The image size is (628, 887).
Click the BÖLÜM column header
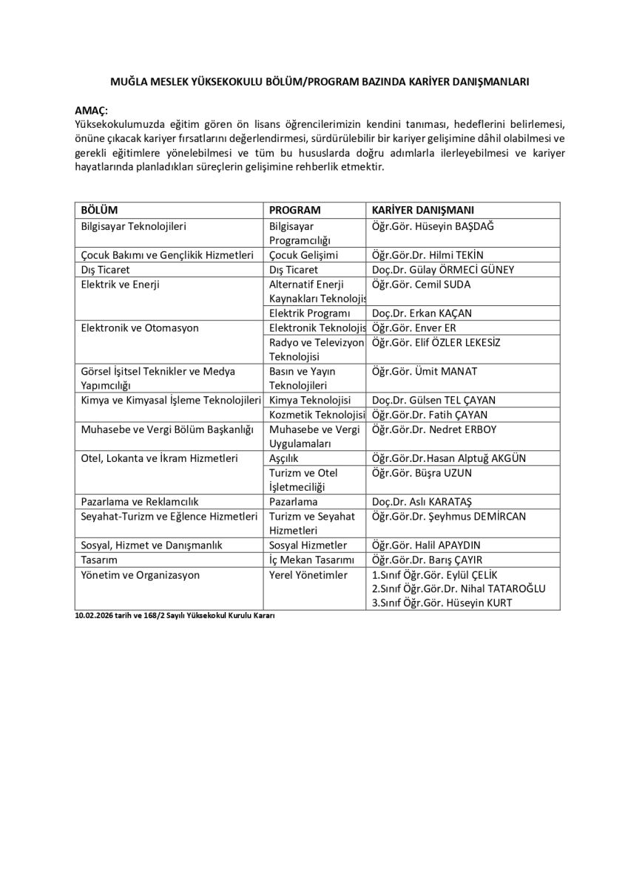pyautogui.click(x=99, y=210)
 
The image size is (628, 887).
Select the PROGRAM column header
pyautogui.click(x=295, y=210)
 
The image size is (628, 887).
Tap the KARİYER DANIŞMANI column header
pyautogui.click(x=423, y=210)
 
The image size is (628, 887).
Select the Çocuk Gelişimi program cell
pyautogui.click(x=304, y=255)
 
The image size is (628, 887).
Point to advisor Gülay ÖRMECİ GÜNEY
pyautogui.click(x=465, y=270)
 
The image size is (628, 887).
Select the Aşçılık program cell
pyautogui.click(x=284, y=458)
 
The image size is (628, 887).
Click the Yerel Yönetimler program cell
pyautogui.click(x=308, y=574)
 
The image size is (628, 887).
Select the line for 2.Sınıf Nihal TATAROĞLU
pyautogui.click(x=458, y=588)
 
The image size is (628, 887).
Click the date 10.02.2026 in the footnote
pyautogui.click(x=92, y=616)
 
